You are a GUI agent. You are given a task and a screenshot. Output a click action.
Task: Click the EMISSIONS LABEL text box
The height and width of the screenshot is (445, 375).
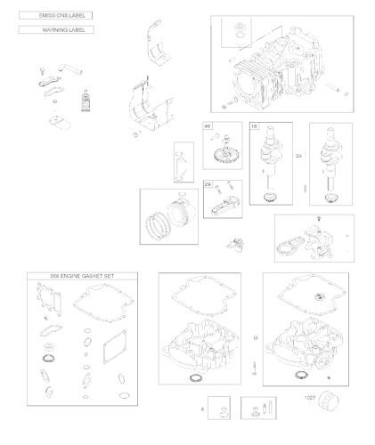click(55, 16)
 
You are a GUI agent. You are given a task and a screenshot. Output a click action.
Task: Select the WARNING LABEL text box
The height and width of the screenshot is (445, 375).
click(55, 30)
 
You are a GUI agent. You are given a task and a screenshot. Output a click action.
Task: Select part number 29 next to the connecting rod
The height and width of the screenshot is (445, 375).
click(208, 184)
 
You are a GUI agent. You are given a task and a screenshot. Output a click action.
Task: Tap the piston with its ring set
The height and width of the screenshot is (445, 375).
click(168, 217)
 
